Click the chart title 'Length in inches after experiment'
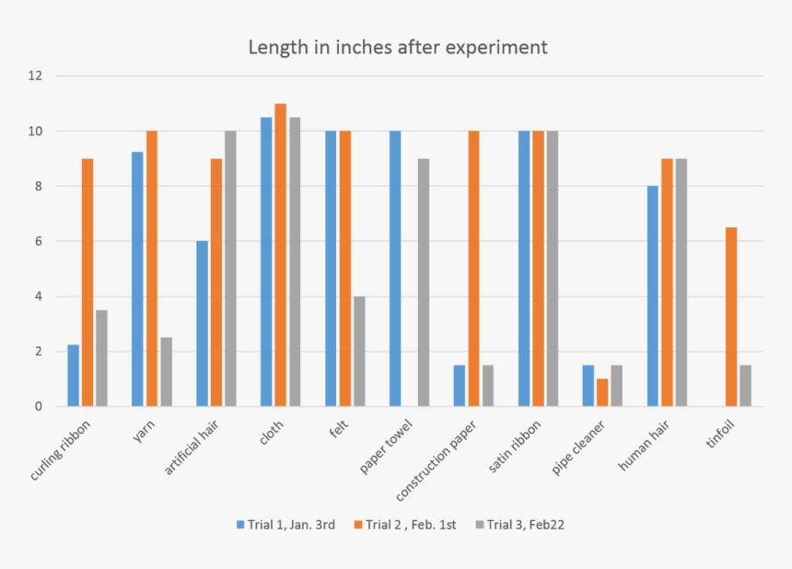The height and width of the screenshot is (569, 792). (398, 47)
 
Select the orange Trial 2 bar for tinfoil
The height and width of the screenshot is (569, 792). (731, 317)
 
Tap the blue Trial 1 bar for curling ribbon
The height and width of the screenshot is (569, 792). (74, 376)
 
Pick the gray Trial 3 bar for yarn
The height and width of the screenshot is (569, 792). (166, 372)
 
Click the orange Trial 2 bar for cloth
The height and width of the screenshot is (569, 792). (281, 255)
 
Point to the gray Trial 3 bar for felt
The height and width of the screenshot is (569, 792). (359, 351)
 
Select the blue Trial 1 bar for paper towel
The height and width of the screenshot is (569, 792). (395, 269)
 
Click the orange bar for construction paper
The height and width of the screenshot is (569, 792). (473, 269)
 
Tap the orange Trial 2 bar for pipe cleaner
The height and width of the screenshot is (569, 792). (602, 392)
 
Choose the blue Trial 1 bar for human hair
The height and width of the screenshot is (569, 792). (653, 296)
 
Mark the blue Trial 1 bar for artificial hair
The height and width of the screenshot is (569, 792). (202, 323)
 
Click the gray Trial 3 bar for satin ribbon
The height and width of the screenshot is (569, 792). (553, 269)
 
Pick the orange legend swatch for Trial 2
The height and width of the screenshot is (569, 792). (357, 525)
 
